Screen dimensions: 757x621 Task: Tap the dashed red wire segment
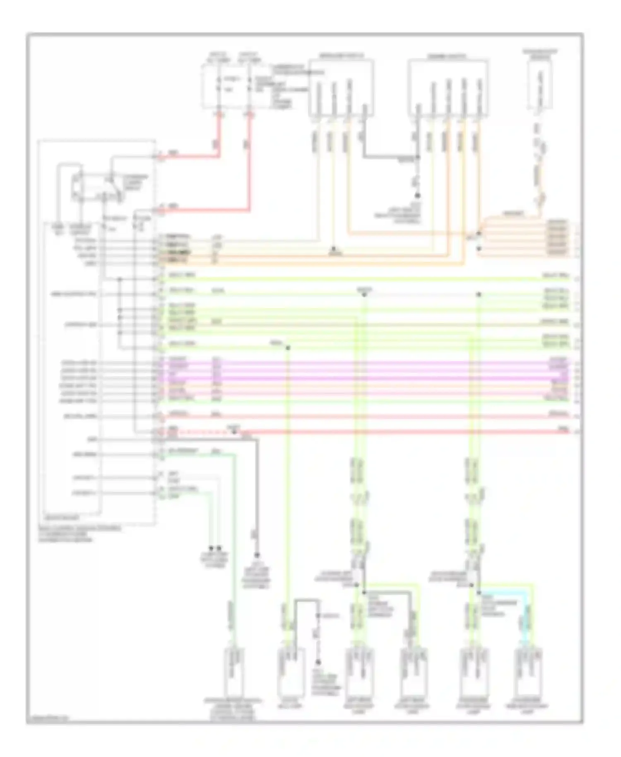(199, 432)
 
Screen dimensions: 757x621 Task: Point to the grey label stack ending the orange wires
(557, 238)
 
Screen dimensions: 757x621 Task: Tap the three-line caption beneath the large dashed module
(79, 534)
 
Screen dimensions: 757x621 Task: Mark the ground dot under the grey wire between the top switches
(417, 195)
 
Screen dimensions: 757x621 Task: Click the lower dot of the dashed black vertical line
(318, 662)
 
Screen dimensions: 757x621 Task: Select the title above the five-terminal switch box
(447, 56)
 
